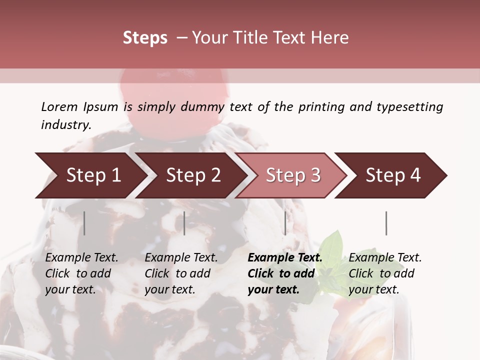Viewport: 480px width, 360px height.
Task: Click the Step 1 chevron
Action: click(90, 175)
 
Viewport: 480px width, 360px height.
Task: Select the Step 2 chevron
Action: click(192, 175)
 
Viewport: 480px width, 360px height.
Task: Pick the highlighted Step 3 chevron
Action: click(292, 175)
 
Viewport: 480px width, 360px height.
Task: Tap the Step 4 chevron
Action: click(392, 175)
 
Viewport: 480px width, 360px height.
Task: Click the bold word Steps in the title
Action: click(145, 38)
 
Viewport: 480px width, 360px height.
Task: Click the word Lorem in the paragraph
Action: click(59, 107)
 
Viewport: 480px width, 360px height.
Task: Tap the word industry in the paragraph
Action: click(66, 125)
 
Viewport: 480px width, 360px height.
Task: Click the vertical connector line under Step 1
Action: click(84, 223)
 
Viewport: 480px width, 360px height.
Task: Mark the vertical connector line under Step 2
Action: click(184, 223)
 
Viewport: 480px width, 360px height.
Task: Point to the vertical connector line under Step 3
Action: click(285, 223)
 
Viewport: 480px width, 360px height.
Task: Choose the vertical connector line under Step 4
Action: click(386, 223)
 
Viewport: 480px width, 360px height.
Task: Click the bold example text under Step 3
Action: click(285, 273)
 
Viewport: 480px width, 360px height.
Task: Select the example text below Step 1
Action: click(81, 273)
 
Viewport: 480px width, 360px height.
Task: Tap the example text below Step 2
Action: click(181, 273)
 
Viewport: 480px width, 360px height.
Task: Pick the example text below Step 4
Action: click(385, 273)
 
